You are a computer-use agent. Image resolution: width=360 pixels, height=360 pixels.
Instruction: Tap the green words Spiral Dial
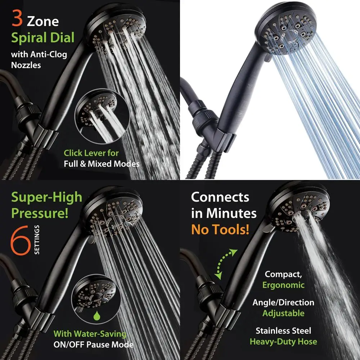42,38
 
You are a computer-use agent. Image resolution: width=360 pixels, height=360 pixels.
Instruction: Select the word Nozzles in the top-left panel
26,65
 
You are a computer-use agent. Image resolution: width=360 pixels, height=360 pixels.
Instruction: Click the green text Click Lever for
91,153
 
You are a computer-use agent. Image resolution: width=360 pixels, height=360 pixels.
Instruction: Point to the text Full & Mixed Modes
102,164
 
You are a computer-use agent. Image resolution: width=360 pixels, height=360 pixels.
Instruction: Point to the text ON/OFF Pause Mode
94,345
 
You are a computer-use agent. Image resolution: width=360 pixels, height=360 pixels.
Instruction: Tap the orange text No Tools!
220,229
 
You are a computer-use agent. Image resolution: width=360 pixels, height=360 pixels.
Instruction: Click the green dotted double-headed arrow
226,264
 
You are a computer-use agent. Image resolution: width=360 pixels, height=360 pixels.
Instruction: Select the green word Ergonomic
283,285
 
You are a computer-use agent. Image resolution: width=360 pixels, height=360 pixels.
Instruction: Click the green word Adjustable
283,313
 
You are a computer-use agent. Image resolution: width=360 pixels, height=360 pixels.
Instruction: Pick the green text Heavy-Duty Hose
283,342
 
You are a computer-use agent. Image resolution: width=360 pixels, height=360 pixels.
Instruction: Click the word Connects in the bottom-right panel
220,197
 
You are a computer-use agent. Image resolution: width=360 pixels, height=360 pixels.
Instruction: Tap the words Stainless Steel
283,330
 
